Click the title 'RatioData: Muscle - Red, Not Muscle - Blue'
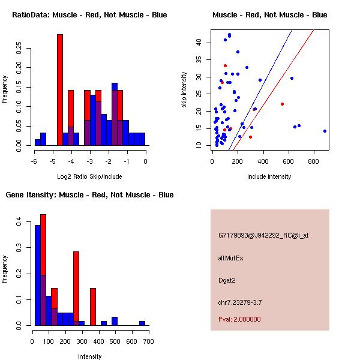click(x=89, y=15)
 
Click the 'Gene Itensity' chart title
click(x=89, y=195)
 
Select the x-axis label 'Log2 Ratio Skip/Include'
click(x=89, y=176)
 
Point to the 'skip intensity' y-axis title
click(x=184, y=90)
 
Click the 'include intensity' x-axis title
click(x=269, y=176)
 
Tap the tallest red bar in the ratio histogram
click(x=60, y=90)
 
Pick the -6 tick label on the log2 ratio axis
click(x=35, y=161)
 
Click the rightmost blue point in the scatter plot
click(x=325, y=131)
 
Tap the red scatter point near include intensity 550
click(x=282, y=104)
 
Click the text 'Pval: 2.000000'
click(x=239, y=319)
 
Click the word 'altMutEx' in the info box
click(x=231, y=258)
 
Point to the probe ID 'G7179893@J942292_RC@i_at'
click(x=263, y=236)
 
